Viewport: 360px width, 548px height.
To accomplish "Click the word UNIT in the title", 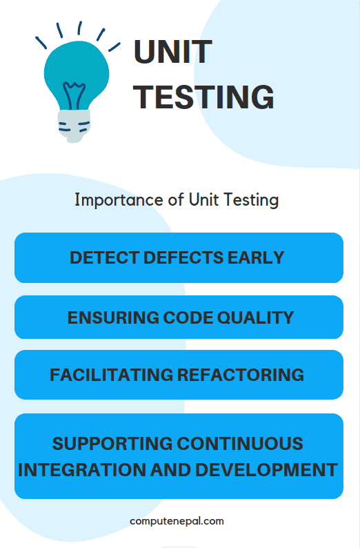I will coord(172,53).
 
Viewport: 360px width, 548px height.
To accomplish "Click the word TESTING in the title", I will coord(204,97).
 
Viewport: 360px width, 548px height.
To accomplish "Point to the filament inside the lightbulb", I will coord(74,93).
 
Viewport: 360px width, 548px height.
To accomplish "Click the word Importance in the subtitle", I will coord(109,200).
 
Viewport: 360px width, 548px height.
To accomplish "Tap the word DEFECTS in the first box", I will coord(181,257).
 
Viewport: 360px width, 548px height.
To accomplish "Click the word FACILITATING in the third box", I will coord(111,375).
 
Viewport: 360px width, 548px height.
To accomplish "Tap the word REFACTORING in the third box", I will coord(241,375).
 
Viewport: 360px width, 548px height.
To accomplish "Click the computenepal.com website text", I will coord(177,521).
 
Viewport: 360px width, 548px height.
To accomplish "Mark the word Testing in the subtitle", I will coord(254,201).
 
